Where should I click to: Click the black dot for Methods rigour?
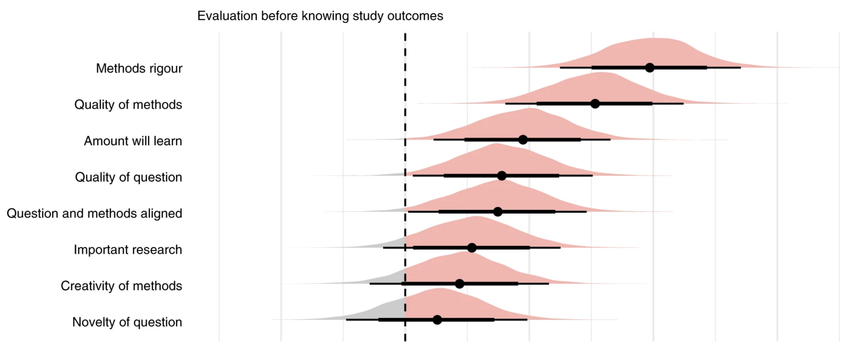[650, 67]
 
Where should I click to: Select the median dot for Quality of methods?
[595, 104]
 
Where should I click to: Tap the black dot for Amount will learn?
[523, 139]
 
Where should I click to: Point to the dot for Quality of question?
[502, 176]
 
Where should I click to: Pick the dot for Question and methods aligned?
[498, 212]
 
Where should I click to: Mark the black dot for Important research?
[472, 247]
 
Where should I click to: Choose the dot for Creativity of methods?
[459, 284]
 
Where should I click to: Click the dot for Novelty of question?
[437, 319]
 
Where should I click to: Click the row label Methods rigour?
[139, 68]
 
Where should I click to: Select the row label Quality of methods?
[128, 104]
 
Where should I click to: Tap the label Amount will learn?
[133, 141]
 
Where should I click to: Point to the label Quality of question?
[128, 177]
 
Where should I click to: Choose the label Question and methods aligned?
[94, 213]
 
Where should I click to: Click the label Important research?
[128, 250]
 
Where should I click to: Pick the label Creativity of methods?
[121, 286]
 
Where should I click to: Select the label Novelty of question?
[127, 322]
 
